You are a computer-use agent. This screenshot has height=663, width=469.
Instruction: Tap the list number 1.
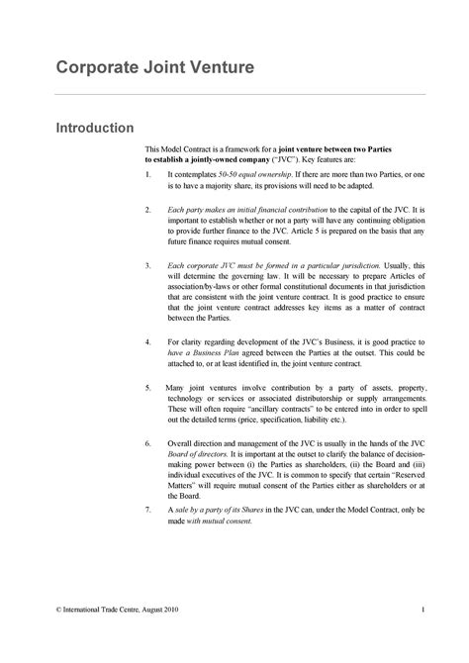[x=147, y=173]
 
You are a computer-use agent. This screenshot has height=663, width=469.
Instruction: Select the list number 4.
[x=147, y=341]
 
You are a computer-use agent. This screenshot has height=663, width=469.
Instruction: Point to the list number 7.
[x=147, y=509]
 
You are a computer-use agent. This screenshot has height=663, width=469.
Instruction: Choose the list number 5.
[x=147, y=386]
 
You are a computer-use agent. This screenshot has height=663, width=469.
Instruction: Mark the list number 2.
[x=147, y=210]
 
